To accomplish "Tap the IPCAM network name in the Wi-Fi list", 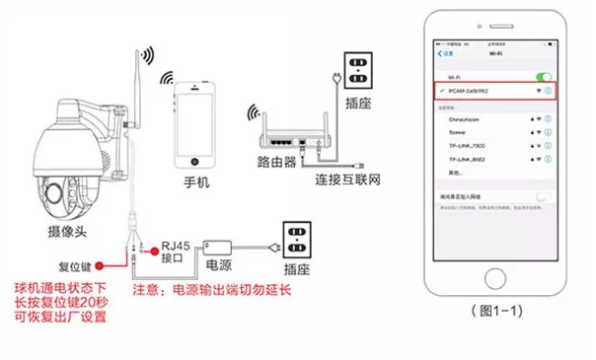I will tap(469, 90).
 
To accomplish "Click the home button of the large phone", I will tap(491, 271).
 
